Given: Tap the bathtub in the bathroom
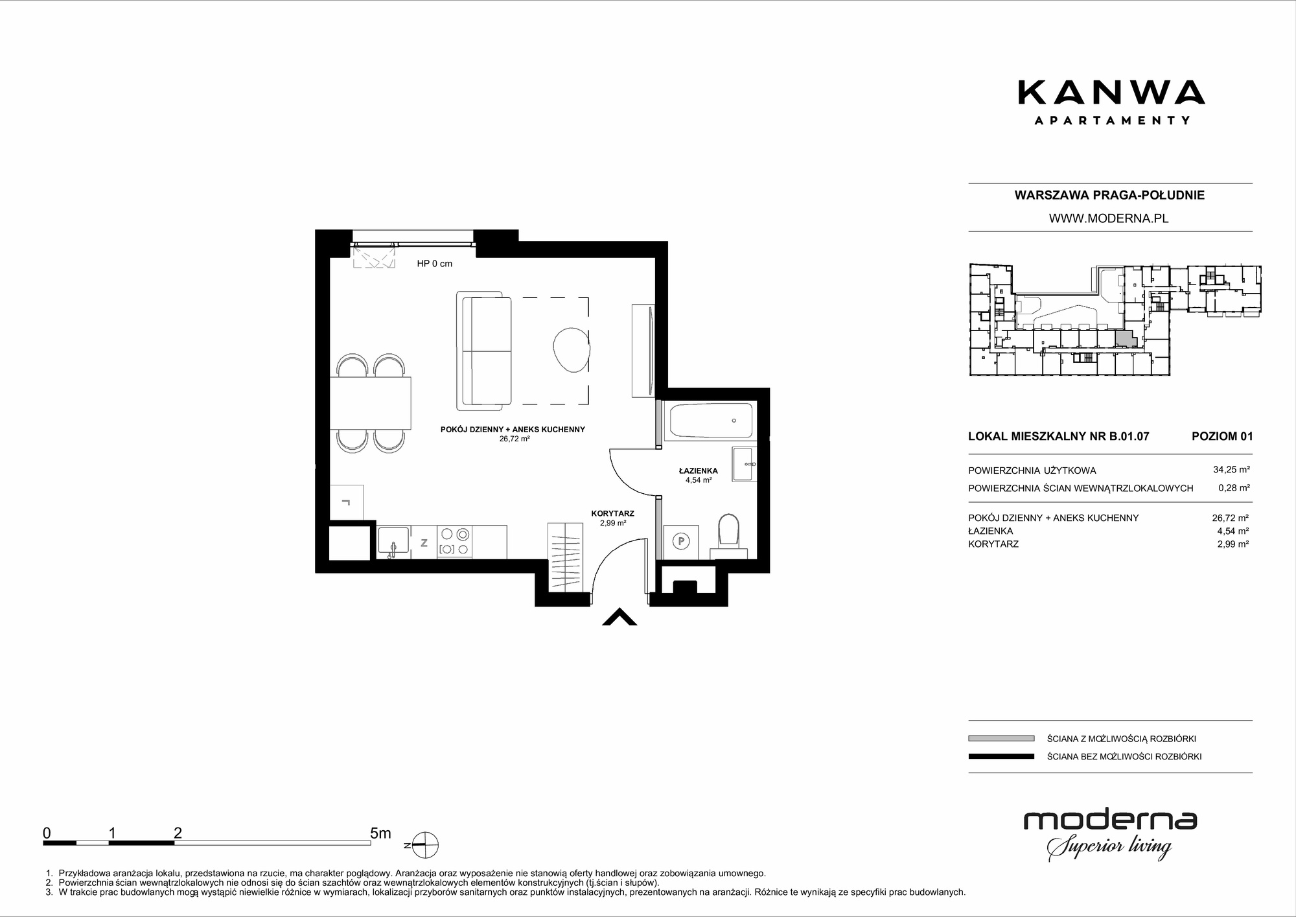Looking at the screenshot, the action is point(711,421).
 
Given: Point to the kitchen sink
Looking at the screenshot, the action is point(393,542).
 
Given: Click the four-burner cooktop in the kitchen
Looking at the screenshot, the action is point(454,542).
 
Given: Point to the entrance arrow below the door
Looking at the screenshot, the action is point(619,617).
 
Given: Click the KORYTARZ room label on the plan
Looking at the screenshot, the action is point(612,513).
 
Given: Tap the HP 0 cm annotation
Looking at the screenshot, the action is point(434,264).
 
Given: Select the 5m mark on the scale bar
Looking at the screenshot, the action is point(380,833).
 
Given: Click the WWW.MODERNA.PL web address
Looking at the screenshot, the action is point(1109,218).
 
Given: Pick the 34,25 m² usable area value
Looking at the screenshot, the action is point(1231,470).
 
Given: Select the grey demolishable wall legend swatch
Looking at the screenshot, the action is point(1001,738).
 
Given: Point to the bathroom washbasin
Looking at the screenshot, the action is point(743,464).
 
